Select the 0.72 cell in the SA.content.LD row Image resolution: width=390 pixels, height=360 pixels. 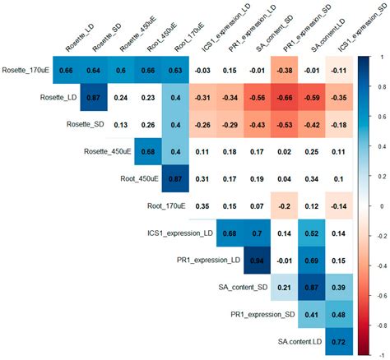coord(336,339)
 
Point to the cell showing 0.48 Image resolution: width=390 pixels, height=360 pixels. coord(336,314)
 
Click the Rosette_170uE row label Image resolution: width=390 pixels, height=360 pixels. coord(26,71)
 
